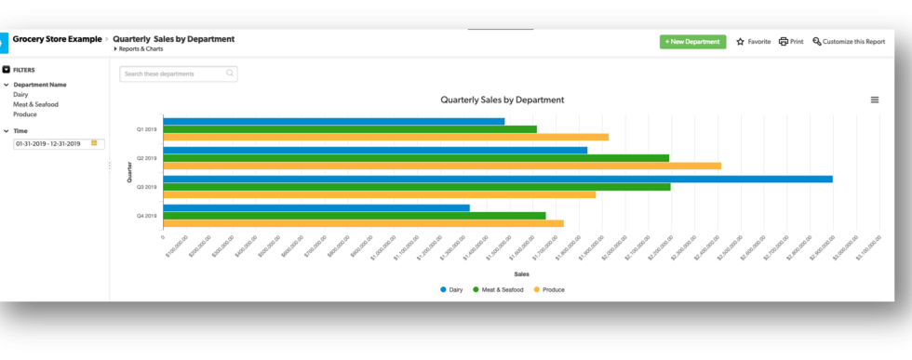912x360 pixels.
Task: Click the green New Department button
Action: pos(692,42)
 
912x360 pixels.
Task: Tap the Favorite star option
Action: pos(754,42)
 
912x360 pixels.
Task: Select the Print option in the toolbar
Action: pos(791,42)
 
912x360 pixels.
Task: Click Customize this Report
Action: pos(848,42)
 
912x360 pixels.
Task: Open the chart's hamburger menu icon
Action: pos(874,100)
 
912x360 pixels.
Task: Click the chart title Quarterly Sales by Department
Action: pos(502,100)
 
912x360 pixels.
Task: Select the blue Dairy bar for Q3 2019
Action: pos(497,179)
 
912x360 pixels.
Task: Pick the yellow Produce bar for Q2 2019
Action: pos(441,166)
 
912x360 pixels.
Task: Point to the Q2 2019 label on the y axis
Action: pos(147,158)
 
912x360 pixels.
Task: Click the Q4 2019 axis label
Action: pos(147,216)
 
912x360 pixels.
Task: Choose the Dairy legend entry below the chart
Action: pos(451,289)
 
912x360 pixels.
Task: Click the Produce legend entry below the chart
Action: pos(549,289)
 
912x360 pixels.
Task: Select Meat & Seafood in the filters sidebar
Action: pos(35,104)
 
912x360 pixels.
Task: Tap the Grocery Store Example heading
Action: pos(57,39)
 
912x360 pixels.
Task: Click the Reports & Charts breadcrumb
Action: pos(139,48)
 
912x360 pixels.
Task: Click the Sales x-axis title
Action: pos(521,273)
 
